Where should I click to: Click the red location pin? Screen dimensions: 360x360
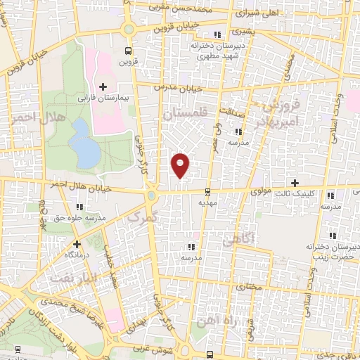(181, 165)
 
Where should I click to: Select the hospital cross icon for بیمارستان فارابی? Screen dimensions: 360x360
(104, 86)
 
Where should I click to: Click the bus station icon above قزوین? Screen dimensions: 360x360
(127, 51)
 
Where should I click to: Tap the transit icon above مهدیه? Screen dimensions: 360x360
(207, 192)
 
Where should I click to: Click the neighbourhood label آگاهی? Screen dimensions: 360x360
(236, 241)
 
